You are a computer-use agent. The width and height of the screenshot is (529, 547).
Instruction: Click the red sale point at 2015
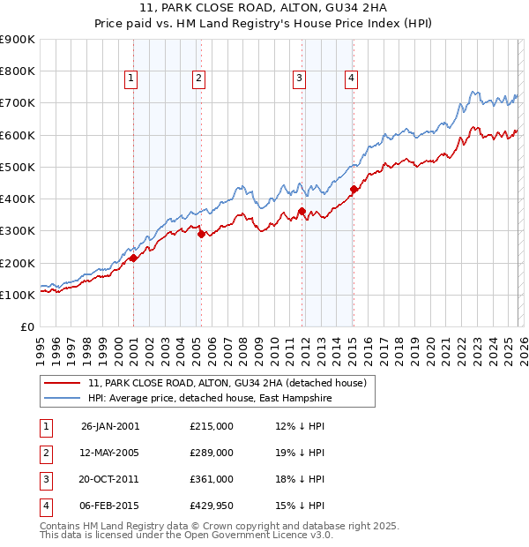click(x=354, y=189)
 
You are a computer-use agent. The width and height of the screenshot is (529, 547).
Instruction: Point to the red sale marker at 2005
click(x=201, y=234)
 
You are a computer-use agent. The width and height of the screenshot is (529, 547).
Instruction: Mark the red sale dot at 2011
click(x=302, y=211)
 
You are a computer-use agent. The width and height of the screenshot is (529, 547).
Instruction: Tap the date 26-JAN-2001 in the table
click(x=110, y=426)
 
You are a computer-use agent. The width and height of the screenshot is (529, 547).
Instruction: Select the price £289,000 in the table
click(x=212, y=453)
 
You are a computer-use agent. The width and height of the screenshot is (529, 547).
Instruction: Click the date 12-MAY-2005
click(x=110, y=453)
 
